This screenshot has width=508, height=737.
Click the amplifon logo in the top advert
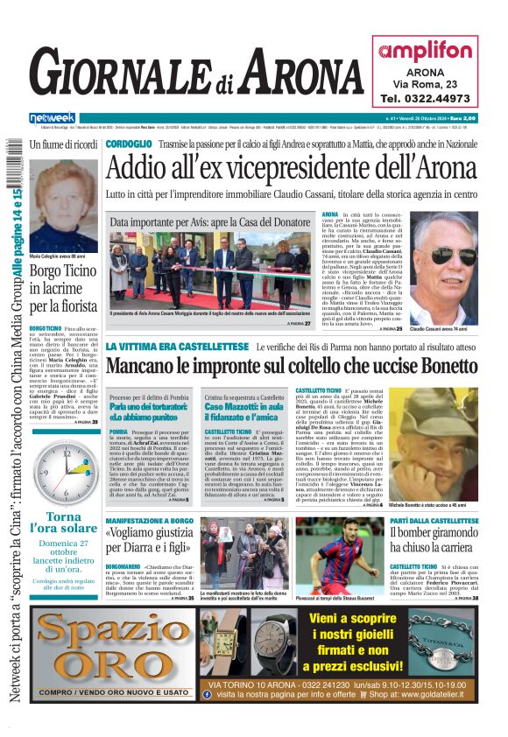pos(425,51)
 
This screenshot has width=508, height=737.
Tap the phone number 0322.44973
pos(425,99)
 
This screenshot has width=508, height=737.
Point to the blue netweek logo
pos(53,117)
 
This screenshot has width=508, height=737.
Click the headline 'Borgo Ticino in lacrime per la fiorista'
pos(63,288)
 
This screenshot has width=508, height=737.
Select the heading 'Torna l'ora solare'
pos(64,523)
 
